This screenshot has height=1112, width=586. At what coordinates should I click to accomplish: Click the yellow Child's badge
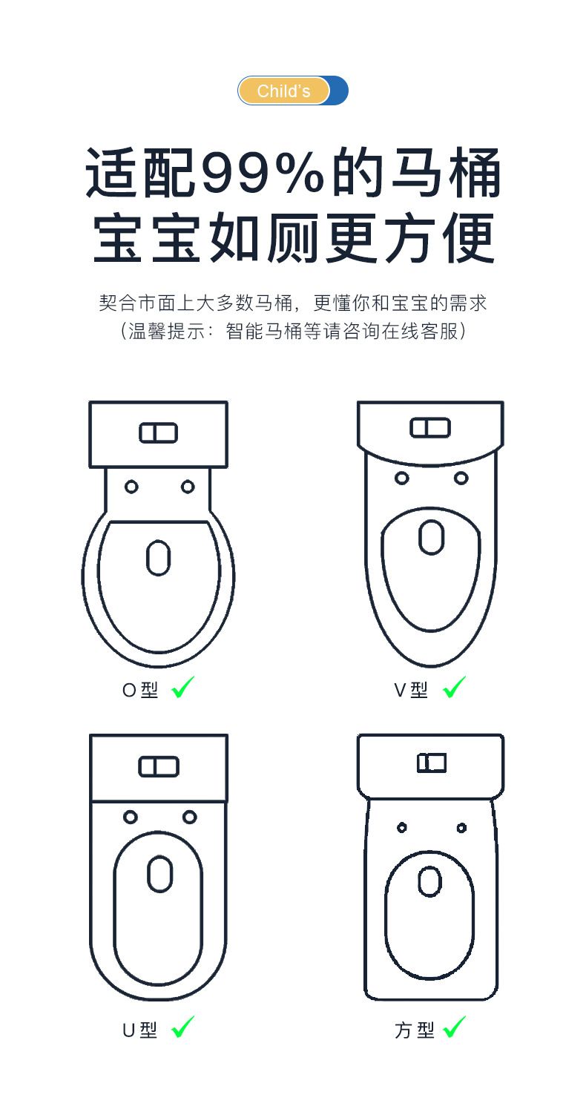pyautogui.click(x=283, y=91)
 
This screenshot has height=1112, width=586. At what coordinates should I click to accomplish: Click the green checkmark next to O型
pyautogui.click(x=182, y=688)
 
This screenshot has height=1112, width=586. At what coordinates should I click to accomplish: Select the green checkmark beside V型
pyautogui.click(x=454, y=688)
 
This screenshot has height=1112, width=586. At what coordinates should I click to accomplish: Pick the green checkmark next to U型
pyautogui.click(x=182, y=1027)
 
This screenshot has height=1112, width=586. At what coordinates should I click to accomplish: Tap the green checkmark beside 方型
pyautogui.click(x=454, y=1027)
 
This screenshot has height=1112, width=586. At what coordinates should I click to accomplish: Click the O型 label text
pyautogui.click(x=140, y=691)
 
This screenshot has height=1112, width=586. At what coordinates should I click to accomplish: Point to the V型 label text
pyautogui.click(x=411, y=691)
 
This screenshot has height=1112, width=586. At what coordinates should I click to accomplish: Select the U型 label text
pyautogui.click(x=140, y=1030)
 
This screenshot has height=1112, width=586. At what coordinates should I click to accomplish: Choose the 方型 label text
pyautogui.click(x=414, y=1030)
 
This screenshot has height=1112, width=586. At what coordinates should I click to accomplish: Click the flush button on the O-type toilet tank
pyautogui.click(x=158, y=433)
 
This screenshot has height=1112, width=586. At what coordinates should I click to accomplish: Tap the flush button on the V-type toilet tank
pyautogui.click(x=430, y=427)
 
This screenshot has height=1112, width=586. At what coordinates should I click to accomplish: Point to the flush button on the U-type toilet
pyautogui.click(x=158, y=767)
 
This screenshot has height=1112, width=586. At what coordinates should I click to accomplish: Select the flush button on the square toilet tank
pyautogui.click(x=431, y=763)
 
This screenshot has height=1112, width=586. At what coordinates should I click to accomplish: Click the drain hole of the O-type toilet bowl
pyautogui.click(x=158, y=558)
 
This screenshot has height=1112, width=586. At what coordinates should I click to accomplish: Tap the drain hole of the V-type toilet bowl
pyautogui.click(x=431, y=536)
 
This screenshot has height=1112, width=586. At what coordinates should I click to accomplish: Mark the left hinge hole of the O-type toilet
pyautogui.click(x=131, y=487)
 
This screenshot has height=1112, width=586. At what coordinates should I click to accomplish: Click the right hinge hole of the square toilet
pyautogui.click(x=461, y=827)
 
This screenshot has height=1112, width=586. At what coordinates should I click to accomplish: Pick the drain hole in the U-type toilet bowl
pyautogui.click(x=159, y=874)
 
